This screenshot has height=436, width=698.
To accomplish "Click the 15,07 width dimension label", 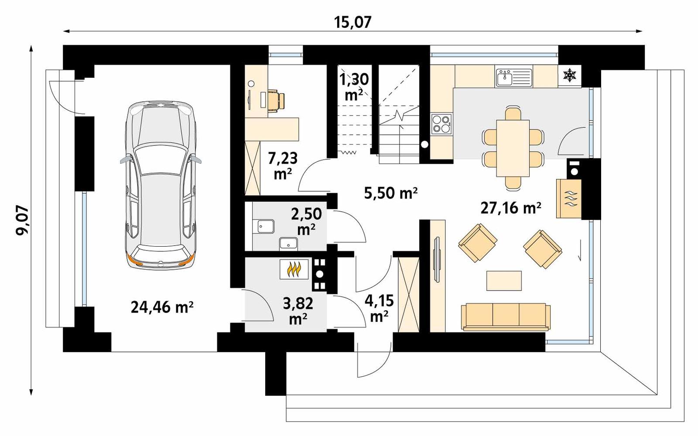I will point(353,21).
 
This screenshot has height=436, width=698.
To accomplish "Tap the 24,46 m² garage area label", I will point(162,307).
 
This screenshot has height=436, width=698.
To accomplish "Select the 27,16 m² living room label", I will point(511,208).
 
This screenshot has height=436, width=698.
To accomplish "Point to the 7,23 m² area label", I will point(283,165).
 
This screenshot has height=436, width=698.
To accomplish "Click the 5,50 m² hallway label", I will point(391,192).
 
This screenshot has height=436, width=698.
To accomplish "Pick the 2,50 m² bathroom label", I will point(306,221).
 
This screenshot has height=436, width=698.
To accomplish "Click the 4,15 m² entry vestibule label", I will point(379,308).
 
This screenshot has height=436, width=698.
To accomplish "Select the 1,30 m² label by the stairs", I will point(354,86).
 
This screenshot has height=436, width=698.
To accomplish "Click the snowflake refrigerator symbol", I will point(569,76).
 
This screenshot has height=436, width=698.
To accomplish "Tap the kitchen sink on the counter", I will point(514,78).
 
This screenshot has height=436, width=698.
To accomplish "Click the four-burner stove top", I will point(441,124).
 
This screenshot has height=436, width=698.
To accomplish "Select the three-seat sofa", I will point(506,316).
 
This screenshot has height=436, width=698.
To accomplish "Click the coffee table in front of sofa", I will point(504,281).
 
